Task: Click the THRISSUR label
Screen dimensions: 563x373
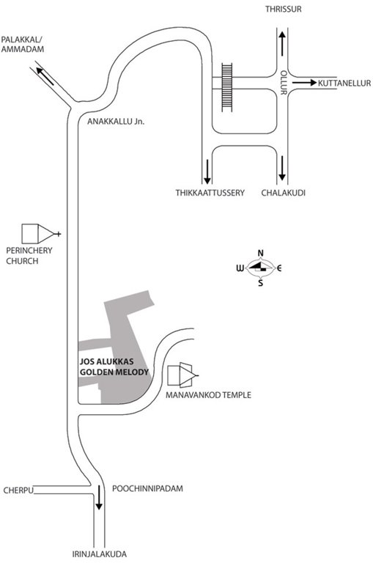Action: [282, 9]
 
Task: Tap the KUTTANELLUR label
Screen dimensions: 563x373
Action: [343, 84]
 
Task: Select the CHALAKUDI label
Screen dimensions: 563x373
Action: [283, 193]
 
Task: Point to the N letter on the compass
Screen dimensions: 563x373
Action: [260, 254]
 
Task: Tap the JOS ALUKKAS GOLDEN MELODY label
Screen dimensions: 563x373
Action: [113, 367]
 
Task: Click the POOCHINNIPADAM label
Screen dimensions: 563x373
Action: [147, 487]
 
